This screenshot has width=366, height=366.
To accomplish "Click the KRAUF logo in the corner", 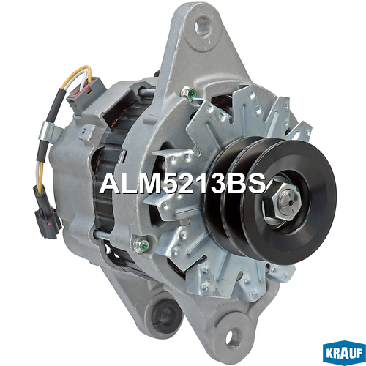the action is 344,353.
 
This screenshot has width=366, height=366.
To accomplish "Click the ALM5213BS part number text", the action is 182,184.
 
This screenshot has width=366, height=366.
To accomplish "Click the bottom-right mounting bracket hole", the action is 233,337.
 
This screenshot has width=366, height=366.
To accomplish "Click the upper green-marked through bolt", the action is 190,94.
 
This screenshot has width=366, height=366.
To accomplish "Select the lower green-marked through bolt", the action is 142,243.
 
